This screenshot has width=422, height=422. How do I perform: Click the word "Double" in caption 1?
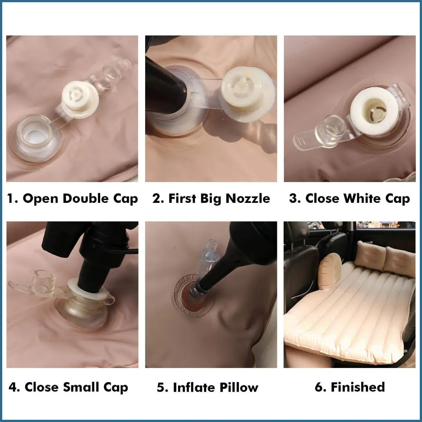point(86,198)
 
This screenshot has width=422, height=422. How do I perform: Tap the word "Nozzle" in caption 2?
point(248,198)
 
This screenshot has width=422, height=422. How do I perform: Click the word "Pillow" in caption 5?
point(239,387)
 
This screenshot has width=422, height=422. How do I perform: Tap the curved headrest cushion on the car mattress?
point(330,272)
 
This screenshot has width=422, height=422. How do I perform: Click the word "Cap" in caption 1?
point(125,199)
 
